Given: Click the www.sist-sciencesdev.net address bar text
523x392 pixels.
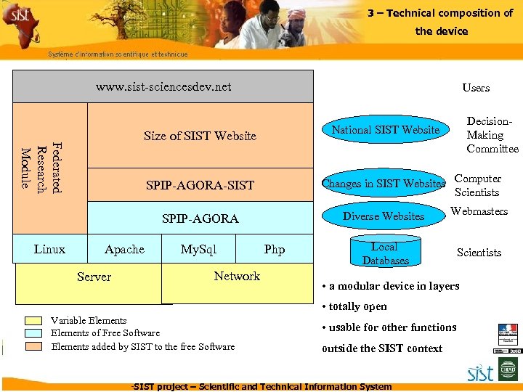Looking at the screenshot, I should click(163, 87).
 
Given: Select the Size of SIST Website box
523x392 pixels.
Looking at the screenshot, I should click(200, 136).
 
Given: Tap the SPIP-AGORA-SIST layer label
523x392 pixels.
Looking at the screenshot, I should click(200, 185).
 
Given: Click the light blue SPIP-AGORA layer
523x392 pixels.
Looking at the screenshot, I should click(200, 219).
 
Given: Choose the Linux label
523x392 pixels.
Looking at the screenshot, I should click(49, 249).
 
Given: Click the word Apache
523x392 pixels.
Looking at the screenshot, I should click(124, 249).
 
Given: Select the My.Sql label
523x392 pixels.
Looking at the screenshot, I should click(198, 249).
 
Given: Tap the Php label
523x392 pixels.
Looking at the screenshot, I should click(275, 249).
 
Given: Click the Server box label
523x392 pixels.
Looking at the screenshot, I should click(94, 277).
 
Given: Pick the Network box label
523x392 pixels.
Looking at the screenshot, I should click(237, 276).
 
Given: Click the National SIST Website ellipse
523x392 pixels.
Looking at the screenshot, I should click(386, 130).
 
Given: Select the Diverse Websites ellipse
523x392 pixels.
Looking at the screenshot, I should click(383, 216).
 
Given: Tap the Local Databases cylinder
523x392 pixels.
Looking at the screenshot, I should click(385, 253).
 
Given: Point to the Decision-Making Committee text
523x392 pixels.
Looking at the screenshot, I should click(492, 135).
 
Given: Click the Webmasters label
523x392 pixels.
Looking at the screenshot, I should click(479, 211).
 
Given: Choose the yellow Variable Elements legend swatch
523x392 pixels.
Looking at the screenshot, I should click(33, 320).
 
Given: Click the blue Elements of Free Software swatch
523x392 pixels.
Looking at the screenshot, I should click(33, 333).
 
